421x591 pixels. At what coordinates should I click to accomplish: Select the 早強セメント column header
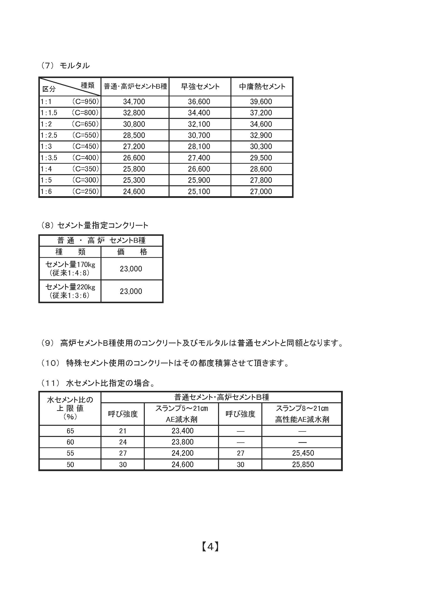tap(200, 87)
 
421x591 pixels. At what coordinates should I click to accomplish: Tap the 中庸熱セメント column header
tap(262, 87)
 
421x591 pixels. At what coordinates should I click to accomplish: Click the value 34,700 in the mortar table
tap(134, 102)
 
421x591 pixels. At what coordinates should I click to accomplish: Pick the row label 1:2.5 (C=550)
tap(70, 135)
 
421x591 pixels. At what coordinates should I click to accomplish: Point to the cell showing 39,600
tap(261, 102)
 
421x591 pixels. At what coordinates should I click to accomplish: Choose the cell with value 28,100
tap(199, 147)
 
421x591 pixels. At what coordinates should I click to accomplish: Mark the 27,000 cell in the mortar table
tap(261, 191)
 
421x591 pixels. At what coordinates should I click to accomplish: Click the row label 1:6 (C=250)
tap(70, 191)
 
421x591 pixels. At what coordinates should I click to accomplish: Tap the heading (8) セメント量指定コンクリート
tap(95, 225)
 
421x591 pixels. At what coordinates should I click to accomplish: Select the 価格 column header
tap(132, 252)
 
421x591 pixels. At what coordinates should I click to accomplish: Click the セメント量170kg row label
tap(70, 269)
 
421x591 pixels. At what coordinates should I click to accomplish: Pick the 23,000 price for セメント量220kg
tap(131, 291)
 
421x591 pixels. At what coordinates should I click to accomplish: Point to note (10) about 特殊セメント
tap(165, 363)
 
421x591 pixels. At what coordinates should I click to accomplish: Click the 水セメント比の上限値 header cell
tap(70, 408)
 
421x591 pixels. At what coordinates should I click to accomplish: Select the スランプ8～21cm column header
tap(302, 414)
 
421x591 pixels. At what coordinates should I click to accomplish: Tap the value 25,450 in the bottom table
tap(303, 453)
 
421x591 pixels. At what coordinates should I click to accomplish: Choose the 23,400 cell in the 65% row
tap(182, 431)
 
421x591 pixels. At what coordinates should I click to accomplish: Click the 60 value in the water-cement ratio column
tap(70, 442)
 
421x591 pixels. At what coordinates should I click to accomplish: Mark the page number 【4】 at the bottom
tap(210, 547)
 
